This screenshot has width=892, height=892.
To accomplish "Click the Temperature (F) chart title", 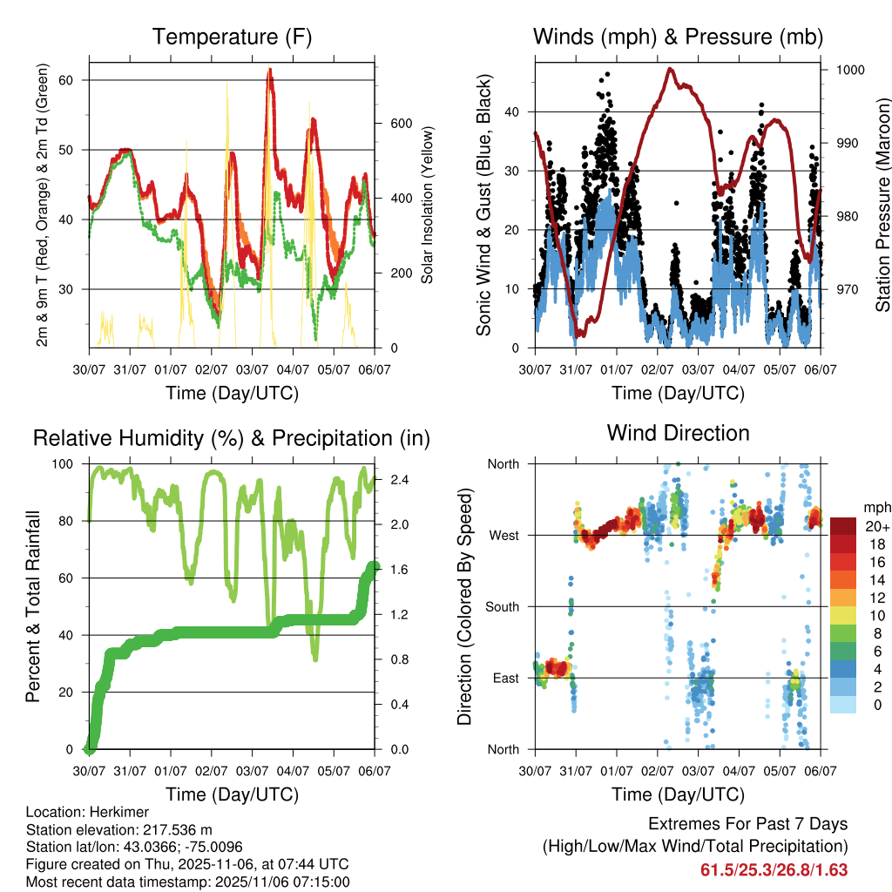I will [232, 37].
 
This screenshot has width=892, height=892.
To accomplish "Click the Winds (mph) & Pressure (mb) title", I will [678, 37].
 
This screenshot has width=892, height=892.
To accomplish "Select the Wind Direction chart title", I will [678, 433].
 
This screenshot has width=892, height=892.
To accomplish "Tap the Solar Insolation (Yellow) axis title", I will [428, 206].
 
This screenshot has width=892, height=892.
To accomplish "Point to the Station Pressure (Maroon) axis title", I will [882, 206].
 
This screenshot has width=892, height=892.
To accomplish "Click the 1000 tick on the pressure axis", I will [849, 70].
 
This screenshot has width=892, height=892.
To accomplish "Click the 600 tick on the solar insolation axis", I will [400, 123].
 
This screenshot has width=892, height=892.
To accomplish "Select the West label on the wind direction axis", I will [503, 535].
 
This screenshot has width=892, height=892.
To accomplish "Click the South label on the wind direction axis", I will [502, 606].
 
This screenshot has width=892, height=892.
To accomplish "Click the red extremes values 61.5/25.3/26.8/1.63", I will [774, 869].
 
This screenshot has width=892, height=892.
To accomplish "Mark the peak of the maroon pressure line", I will [670, 69].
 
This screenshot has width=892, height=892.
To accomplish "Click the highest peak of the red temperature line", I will [270, 70].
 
